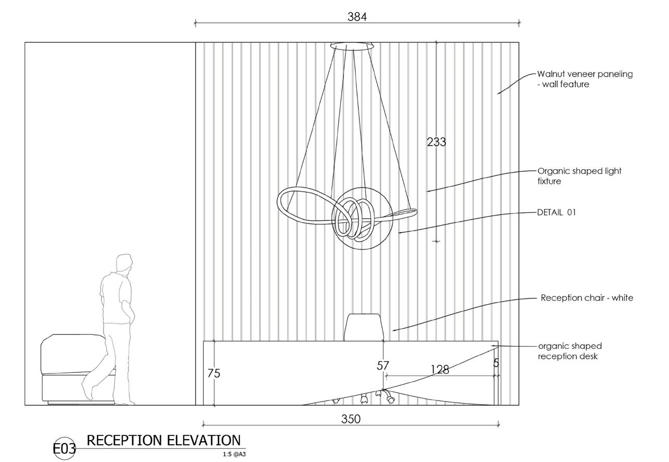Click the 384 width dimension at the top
click(357, 17)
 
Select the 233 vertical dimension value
click(436, 142)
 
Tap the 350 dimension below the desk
click(351, 419)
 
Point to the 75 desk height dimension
click(213, 373)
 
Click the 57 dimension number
click(383, 366)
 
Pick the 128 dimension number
click(440, 370)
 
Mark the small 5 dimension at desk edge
click(496, 363)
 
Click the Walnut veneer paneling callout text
click(585, 79)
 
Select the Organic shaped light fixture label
click(579, 176)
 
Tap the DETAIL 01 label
click(556, 213)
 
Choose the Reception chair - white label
click(587, 298)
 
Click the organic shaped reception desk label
click(570, 351)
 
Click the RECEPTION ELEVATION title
click(163, 441)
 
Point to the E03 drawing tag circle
click(65, 448)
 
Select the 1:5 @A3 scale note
click(234, 454)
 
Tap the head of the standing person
click(124, 264)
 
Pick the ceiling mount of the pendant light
click(352, 46)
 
